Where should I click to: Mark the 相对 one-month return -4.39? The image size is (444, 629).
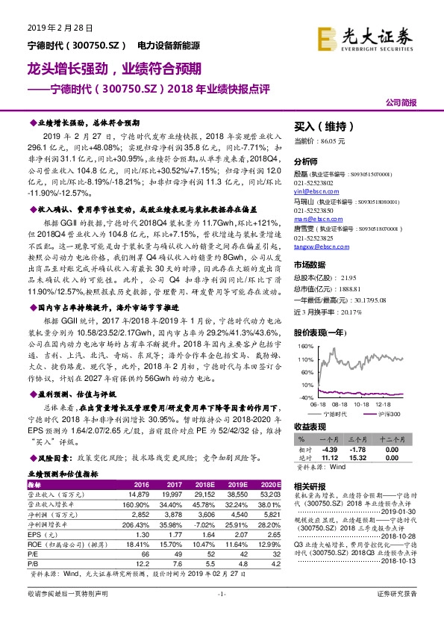point(330,449)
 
